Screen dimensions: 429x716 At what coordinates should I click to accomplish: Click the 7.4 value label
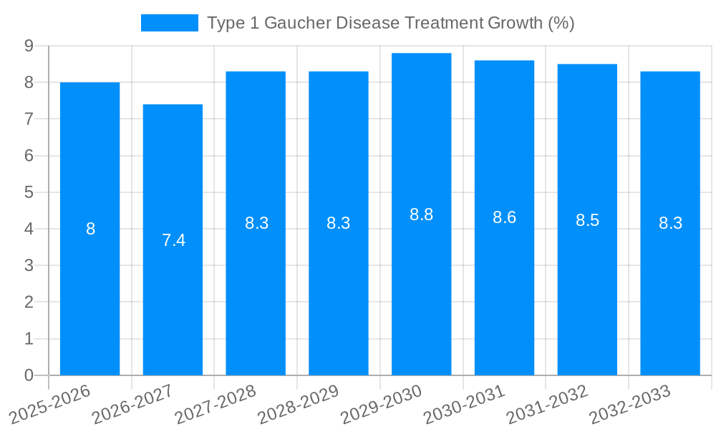coord(173,240)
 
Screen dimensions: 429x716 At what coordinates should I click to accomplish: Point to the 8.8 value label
coord(421,214)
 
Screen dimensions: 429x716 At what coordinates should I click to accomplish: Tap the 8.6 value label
coord(504,218)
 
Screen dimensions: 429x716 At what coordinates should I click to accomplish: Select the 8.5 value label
coord(587,220)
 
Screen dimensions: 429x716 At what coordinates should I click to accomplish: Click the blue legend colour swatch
coord(169,23)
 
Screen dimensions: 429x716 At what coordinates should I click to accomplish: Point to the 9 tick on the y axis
coord(29,46)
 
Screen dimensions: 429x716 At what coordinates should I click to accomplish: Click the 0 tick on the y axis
coord(29,375)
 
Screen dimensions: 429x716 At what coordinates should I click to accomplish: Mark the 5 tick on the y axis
coord(29,192)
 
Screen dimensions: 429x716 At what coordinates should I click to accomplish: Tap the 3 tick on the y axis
coord(29,265)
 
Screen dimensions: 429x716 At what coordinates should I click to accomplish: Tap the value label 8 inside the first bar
coord(90,230)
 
